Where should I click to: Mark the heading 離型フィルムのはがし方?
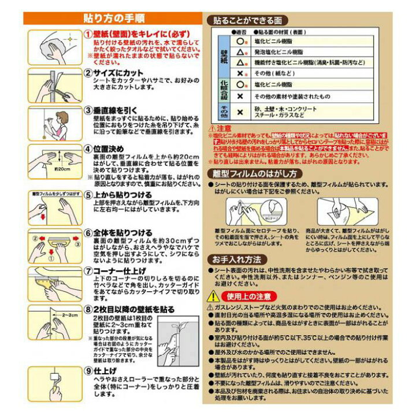click(x=254, y=173)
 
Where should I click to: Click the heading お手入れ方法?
click(x=237, y=259)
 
